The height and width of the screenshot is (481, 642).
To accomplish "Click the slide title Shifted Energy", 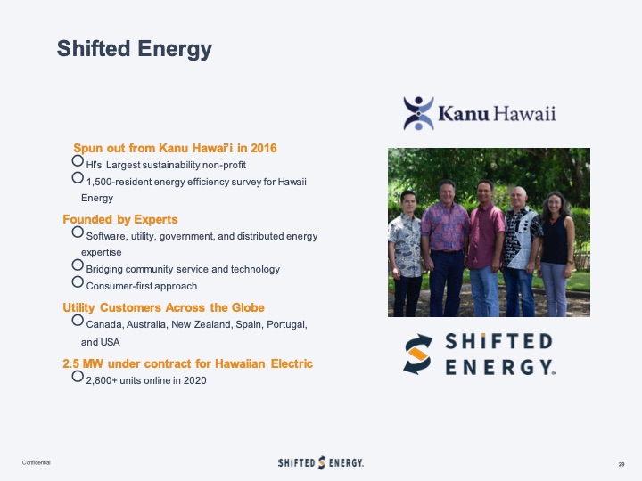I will point(135,49).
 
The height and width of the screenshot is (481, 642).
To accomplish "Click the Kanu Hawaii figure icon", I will point(417,114).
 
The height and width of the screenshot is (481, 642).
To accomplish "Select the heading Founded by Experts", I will point(120,219).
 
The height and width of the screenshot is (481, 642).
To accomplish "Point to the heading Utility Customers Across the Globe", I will point(163,307).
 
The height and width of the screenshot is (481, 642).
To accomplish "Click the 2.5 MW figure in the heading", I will point(83,363).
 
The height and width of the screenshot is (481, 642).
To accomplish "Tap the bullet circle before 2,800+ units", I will point(78,378).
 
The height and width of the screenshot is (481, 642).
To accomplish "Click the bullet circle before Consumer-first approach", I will point(78,283).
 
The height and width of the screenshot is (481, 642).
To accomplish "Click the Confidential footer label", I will point(37,463).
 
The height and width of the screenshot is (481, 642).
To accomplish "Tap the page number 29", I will point(621,464).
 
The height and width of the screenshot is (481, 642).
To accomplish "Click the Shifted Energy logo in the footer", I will point(320,462).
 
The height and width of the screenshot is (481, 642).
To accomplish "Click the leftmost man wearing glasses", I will point(407,240).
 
